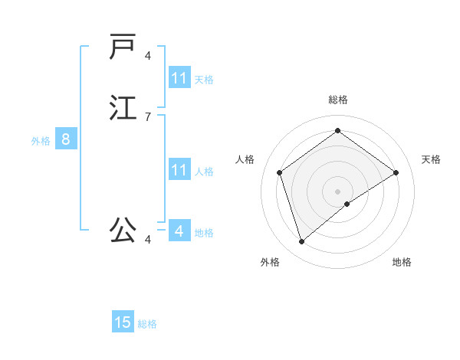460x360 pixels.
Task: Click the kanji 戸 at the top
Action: pyautogui.click(x=123, y=47)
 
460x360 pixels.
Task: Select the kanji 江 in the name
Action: pyautogui.click(x=123, y=106)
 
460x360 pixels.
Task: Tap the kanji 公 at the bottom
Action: pyautogui.click(x=123, y=229)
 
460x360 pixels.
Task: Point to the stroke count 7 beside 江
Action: pyautogui.click(x=148, y=117)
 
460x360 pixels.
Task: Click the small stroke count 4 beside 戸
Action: pyautogui.click(x=148, y=56)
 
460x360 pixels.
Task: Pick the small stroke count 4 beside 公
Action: pyautogui.click(x=148, y=240)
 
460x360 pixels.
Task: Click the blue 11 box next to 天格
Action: pyautogui.click(x=179, y=78)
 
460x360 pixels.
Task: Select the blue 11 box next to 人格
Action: pyautogui.click(x=179, y=170)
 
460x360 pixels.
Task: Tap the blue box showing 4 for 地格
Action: pyautogui.click(x=179, y=231)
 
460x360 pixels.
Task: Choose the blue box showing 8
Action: pyautogui.click(x=66, y=139)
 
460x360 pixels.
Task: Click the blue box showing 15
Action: pyautogui.click(x=123, y=322)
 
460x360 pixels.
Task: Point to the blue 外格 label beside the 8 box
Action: pyautogui.click(x=41, y=141)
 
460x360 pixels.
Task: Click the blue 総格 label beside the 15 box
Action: pyautogui.click(x=148, y=324)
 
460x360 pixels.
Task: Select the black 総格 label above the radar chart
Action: pyautogui.click(x=338, y=100)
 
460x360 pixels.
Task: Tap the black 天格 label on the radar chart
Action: pyautogui.click(x=431, y=159)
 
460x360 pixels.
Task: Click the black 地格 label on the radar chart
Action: pyautogui.click(x=402, y=262)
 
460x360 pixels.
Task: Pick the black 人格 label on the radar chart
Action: pyautogui.click(x=245, y=159)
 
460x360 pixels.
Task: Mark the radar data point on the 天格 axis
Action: pyautogui.click(x=396, y=172)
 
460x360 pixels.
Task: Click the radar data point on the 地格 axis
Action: pyautogui.click(x=347, y=204)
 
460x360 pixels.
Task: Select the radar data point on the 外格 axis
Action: pyautogui.click(x=302, y=242)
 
